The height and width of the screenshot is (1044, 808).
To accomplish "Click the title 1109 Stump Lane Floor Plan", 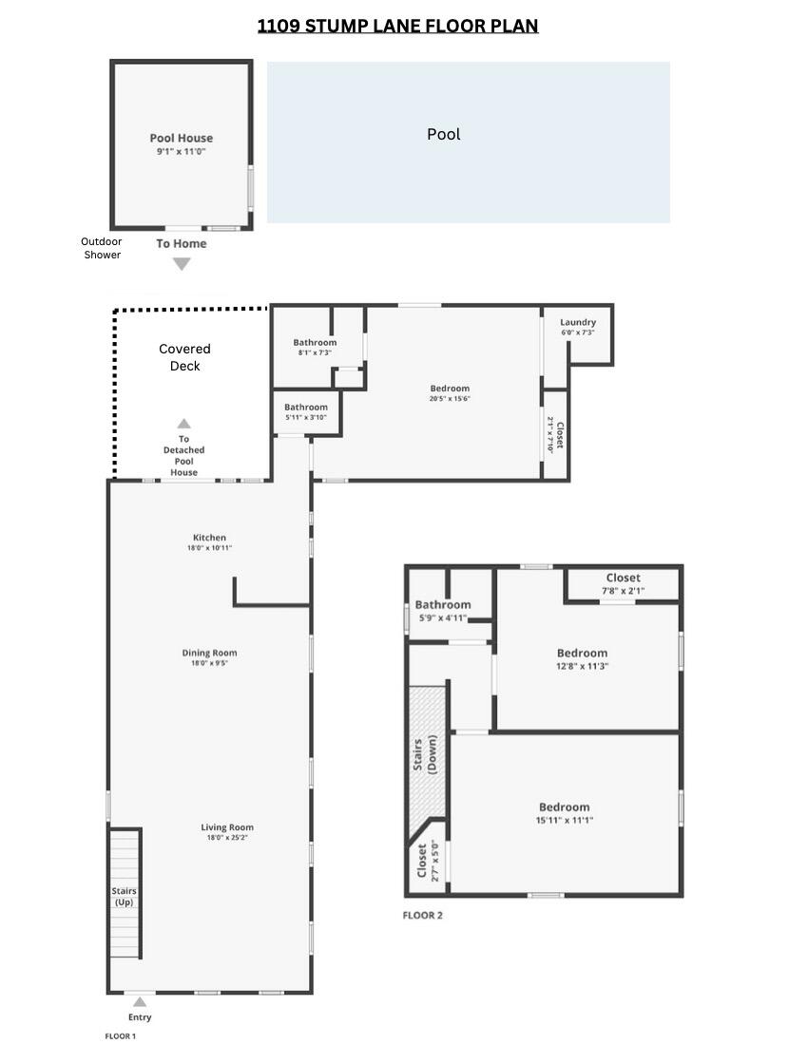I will point(397,26).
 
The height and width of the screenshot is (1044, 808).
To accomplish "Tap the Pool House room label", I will point(181,138).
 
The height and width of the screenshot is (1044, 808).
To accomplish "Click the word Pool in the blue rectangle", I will point(443,134).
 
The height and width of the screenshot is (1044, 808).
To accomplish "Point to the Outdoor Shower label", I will point(102,248).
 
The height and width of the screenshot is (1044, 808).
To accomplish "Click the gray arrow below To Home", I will point(181,264).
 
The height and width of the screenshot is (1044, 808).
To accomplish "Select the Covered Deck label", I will point(184,357).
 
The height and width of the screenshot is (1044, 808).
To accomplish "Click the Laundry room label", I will point(578,322).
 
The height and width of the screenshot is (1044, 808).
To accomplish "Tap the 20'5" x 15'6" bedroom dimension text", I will point(450,399).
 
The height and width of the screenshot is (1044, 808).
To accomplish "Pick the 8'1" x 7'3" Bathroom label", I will point(315,342).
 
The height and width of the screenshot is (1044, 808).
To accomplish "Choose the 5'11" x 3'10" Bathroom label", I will point(305,408).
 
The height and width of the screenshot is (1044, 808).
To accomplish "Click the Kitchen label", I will point(209,538).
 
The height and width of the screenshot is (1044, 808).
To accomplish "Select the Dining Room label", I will point(209,653).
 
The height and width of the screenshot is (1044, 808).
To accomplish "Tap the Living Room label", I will point(227,827).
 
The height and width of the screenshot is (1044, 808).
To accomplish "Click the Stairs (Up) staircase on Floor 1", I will point(125,893).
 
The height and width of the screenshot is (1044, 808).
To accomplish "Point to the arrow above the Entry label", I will point(140,1002).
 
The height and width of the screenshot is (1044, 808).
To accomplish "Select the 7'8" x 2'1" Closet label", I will point(623,578).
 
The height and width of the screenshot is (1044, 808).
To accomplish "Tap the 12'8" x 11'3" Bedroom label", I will point(582,654).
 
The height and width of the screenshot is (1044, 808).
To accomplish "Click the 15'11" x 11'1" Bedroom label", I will point(564,807).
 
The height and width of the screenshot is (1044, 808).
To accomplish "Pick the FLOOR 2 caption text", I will point(423,916).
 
